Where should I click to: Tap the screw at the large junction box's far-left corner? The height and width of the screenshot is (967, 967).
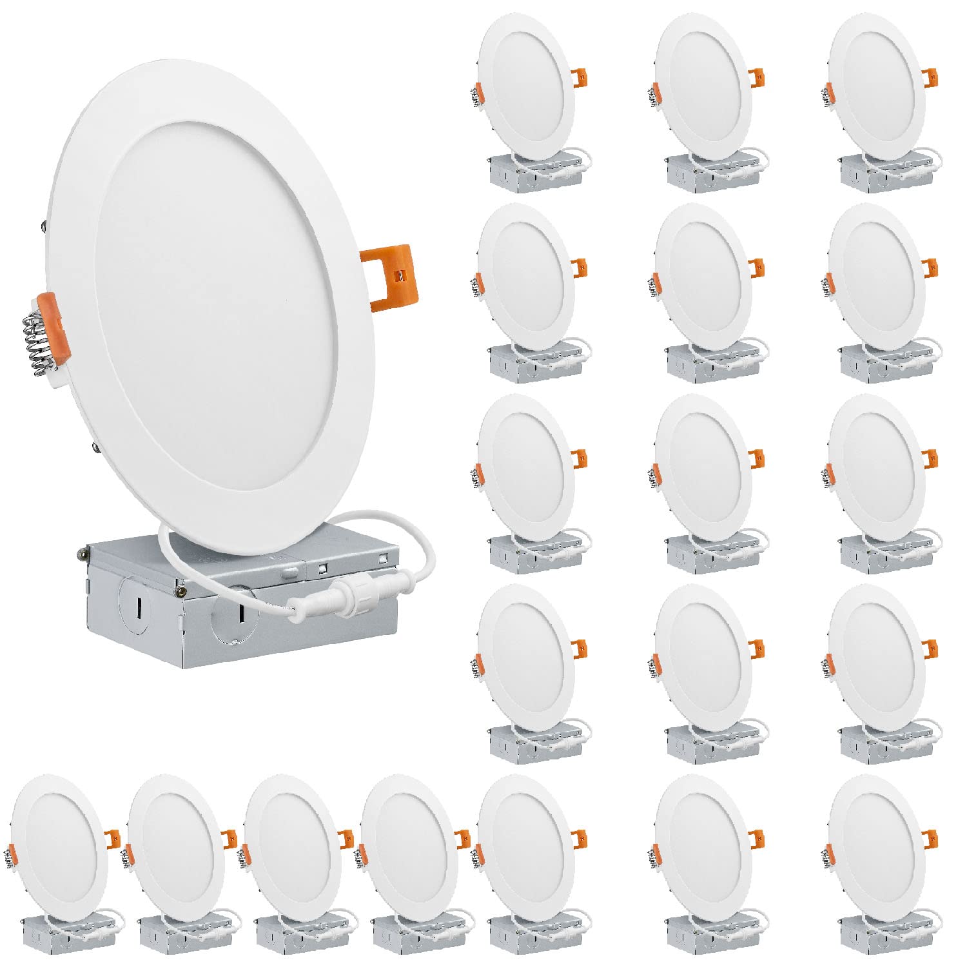83,552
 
